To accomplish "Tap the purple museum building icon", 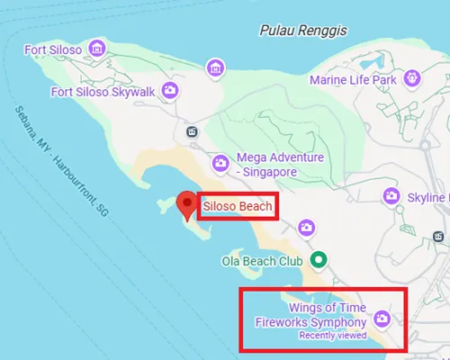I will (214, 67).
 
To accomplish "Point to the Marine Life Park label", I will (351, 79).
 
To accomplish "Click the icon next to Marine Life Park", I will (413, 78).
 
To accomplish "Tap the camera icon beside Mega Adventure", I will (219, 164).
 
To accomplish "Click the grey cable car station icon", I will (191, 132).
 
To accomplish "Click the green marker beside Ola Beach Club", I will (317, 260).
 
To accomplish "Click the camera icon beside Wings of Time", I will (382, 319).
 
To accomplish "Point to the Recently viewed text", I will (333, 336).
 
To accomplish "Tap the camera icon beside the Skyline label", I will (391, 195).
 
